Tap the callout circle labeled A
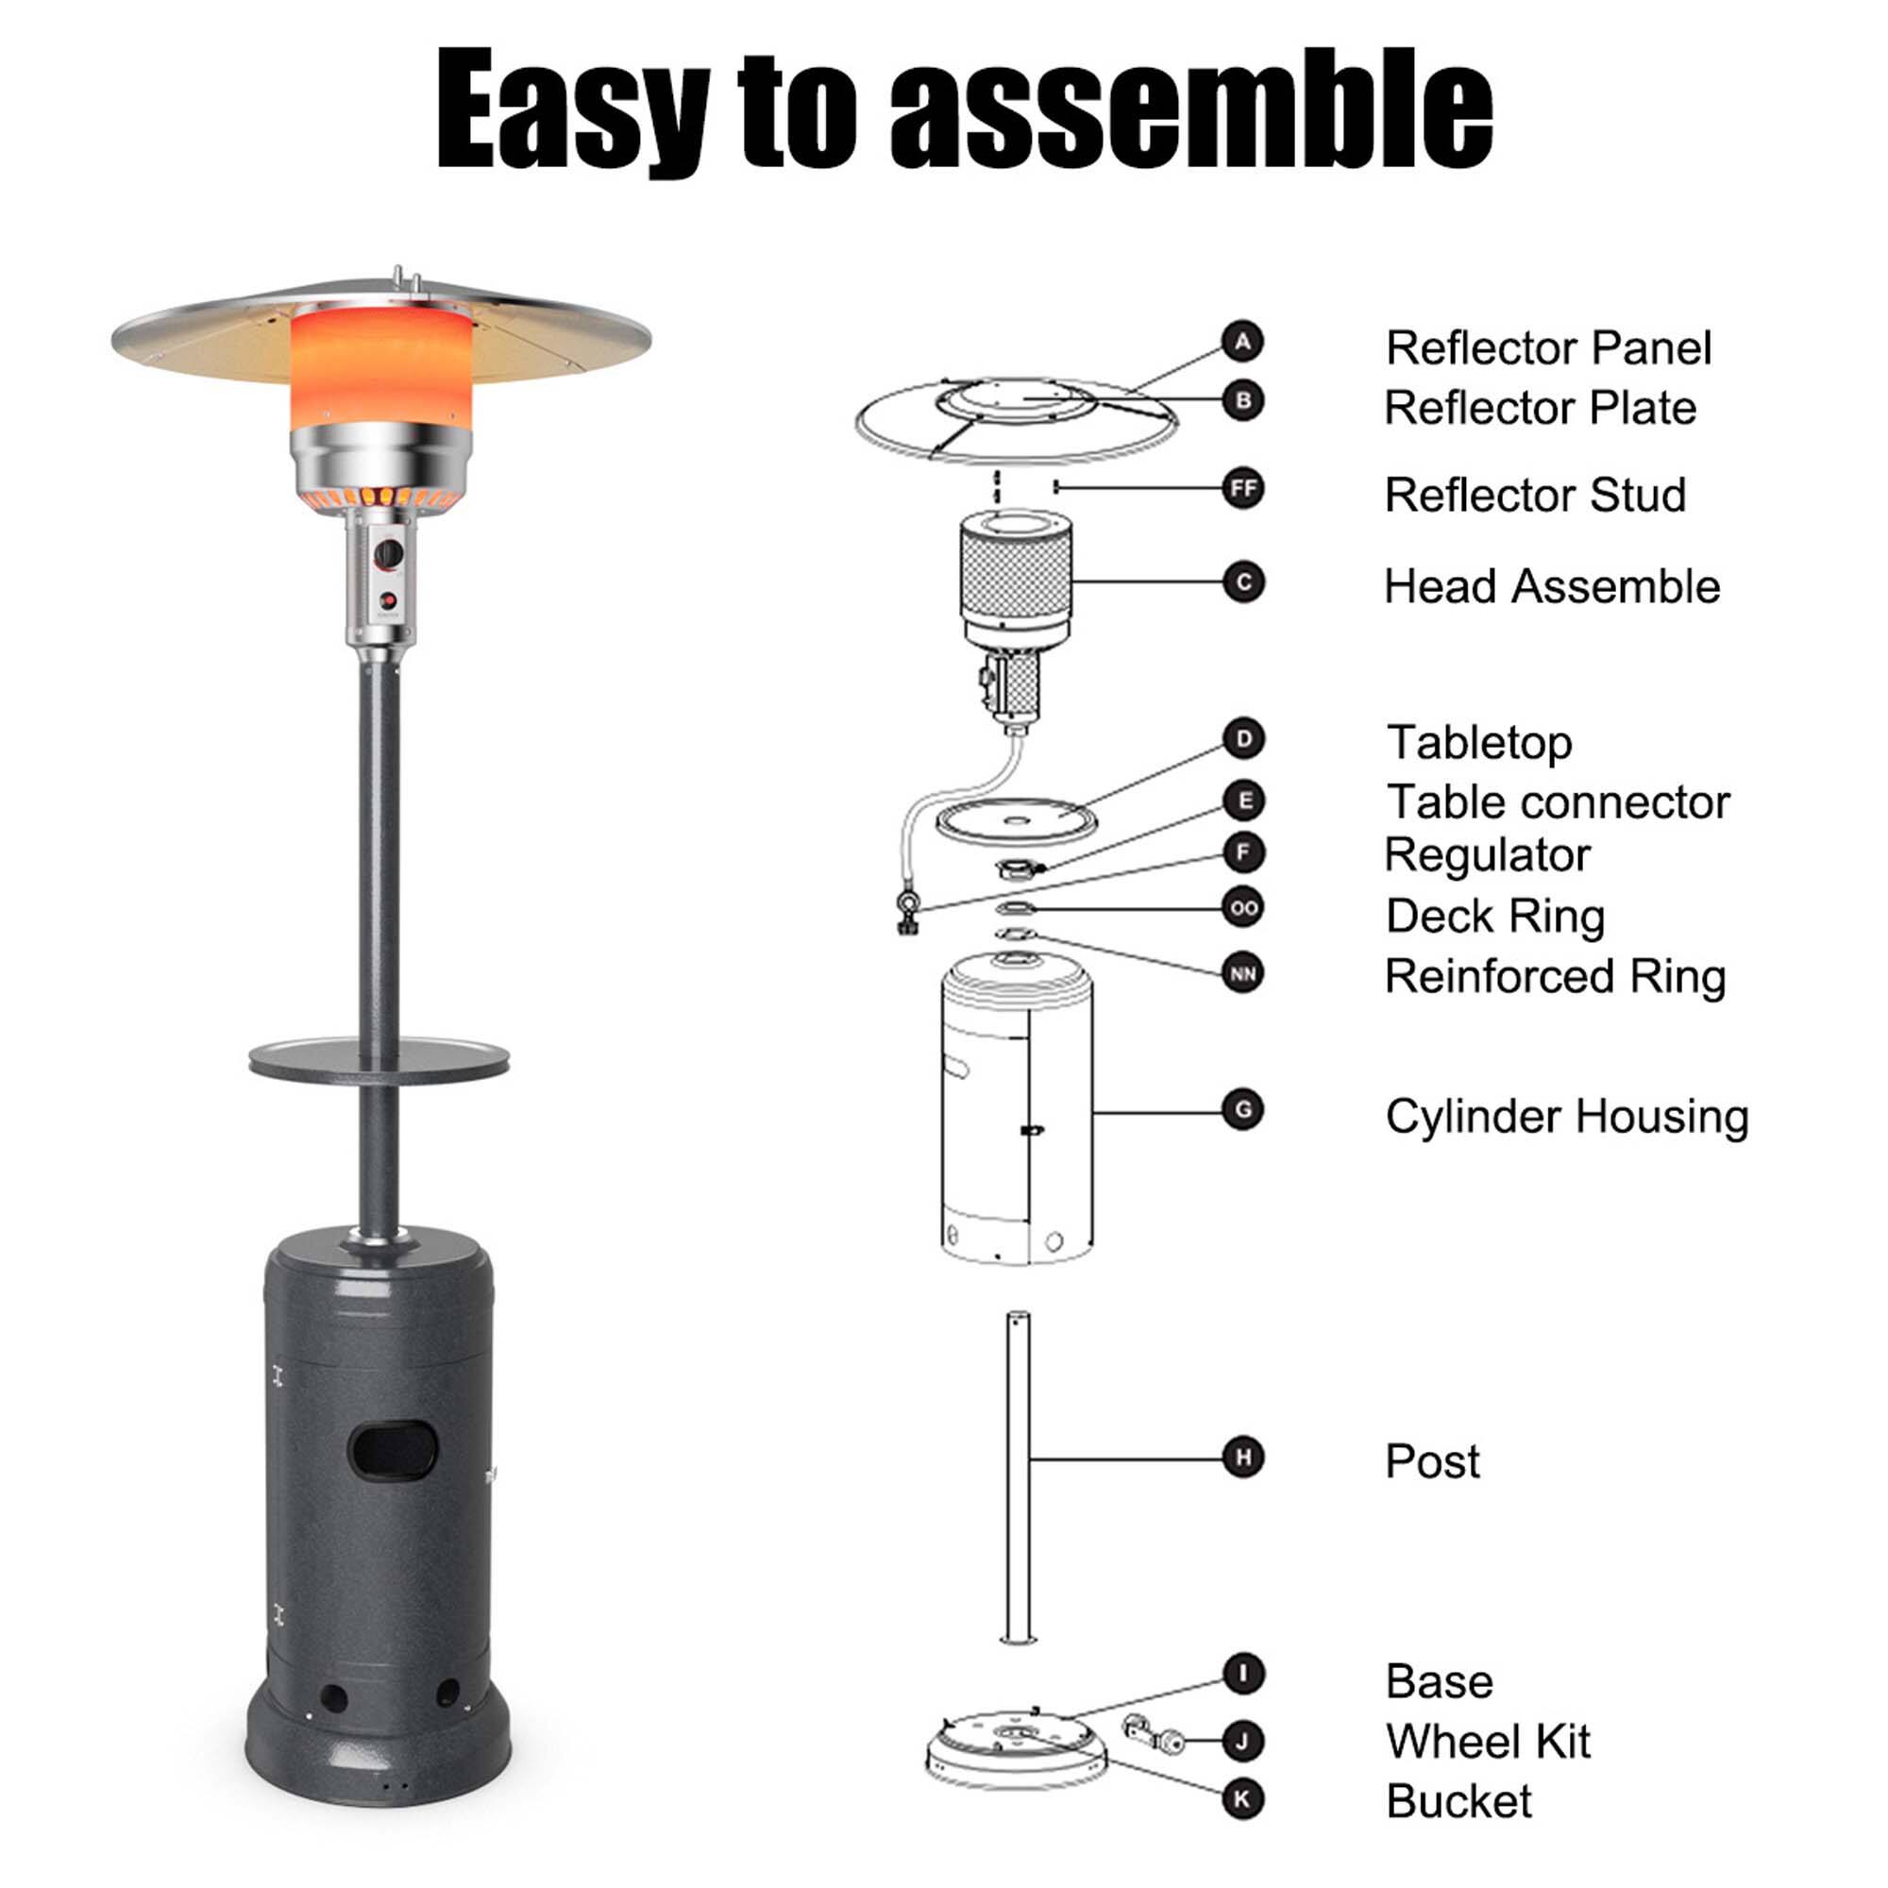[1243, 342]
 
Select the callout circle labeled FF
[1243, 489]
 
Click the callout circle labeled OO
[1243, 908]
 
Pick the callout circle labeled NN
[1243, 974]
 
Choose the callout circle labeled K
[1243, 1799]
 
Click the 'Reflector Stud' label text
[1535, 495]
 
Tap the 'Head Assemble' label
[1552, 586]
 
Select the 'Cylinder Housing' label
[1566, 1116]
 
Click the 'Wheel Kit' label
[1488, 1742]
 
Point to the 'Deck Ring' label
[1495, 916]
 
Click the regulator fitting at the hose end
[908, 908]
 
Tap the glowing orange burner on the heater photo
[382, 366]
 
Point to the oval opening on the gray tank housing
[393, 1449]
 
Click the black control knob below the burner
[389, 553]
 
